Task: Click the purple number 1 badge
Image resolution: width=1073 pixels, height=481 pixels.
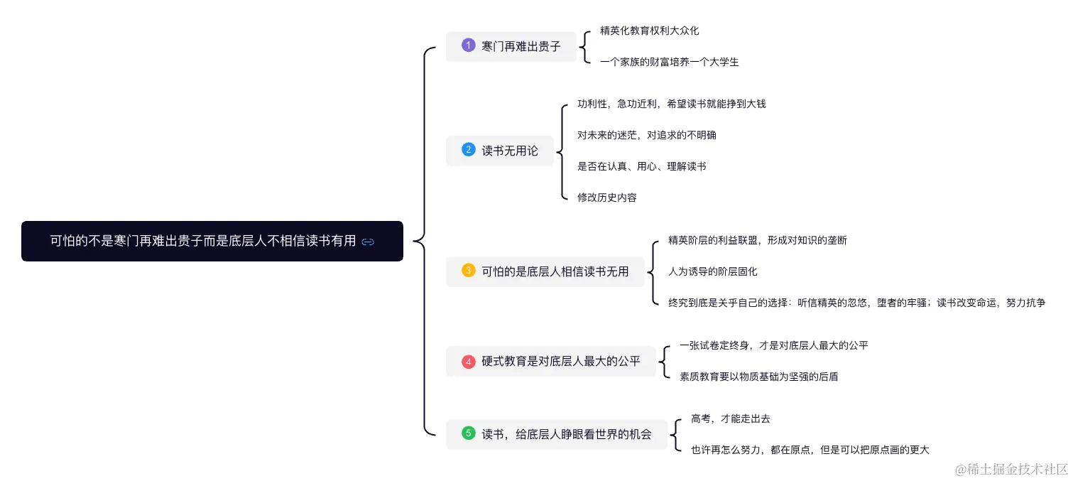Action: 468,45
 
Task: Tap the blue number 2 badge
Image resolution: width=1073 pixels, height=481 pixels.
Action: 468,150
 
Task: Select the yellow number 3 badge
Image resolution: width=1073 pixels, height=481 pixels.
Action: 468,271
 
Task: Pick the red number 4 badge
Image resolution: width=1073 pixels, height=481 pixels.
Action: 468,361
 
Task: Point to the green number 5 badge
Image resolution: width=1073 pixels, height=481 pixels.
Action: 468,433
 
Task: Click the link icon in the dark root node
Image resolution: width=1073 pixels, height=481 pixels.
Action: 368,242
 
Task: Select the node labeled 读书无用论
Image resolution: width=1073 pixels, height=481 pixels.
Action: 510,151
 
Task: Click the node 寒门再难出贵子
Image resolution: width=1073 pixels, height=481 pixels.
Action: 521,46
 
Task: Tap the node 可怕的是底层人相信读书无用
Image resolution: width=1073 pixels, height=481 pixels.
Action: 555,271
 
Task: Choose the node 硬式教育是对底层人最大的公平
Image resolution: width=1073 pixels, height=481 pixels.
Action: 561,362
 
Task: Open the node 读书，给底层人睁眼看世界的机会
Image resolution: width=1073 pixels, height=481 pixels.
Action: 566,433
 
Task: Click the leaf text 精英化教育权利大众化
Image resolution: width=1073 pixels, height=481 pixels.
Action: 649,31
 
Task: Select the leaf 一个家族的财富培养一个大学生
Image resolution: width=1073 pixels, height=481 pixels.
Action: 669,62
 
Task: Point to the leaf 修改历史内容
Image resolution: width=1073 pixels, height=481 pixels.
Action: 607,198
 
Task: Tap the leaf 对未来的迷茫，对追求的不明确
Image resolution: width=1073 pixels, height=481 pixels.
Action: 647,135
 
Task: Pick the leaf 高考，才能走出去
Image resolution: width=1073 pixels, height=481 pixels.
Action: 730,418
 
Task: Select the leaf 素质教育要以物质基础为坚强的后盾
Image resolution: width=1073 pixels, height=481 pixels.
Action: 758,377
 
